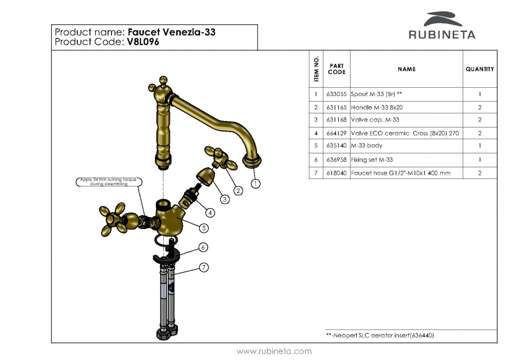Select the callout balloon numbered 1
pos(255,183)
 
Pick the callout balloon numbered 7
pos(204,267)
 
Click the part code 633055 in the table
pos(336,94)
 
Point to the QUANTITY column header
pos(480,69)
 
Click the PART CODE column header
pos(336,69)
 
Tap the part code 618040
pos(336,173)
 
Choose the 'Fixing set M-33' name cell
pos(372,160)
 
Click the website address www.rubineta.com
pos(274,351)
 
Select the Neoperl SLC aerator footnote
pos(380,336)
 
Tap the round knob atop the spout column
pos(163,81)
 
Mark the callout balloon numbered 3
pos(225,199)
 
